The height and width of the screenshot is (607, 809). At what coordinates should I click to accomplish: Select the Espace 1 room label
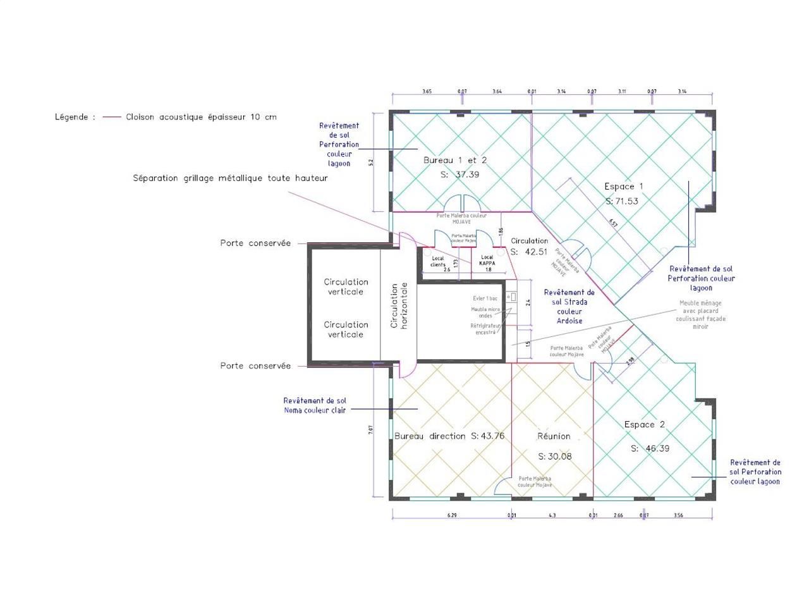(x=623, y=187)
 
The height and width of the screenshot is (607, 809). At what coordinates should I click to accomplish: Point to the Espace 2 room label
(x=644, y=424)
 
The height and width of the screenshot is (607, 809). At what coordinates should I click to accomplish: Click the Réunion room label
(x=554, y=436)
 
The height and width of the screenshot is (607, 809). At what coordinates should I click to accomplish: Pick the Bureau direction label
(x=430, y=436)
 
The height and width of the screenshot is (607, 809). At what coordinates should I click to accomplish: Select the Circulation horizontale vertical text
(x=399, y=305)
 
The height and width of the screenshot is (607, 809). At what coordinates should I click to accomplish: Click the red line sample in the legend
(x=112, y=117)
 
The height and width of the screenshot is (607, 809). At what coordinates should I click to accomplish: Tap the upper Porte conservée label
(x=255, y=243)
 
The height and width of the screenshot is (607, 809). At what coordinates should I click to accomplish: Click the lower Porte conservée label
(x=255, y=365)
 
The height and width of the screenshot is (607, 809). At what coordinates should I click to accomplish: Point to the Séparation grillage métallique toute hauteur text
(x=230, y=178)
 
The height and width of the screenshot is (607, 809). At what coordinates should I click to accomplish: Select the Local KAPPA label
(x=487, y=260)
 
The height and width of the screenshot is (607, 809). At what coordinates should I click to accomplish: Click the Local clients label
(x=437, y=261)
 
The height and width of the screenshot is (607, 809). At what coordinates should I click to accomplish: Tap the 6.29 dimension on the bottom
(x=452, y=515)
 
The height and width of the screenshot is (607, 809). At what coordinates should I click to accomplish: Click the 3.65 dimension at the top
(x=427, y=92)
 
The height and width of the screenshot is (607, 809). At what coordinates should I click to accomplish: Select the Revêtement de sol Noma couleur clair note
(x=315, y=405)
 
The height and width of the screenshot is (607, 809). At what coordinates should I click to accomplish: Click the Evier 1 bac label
(x=485, y=298)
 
